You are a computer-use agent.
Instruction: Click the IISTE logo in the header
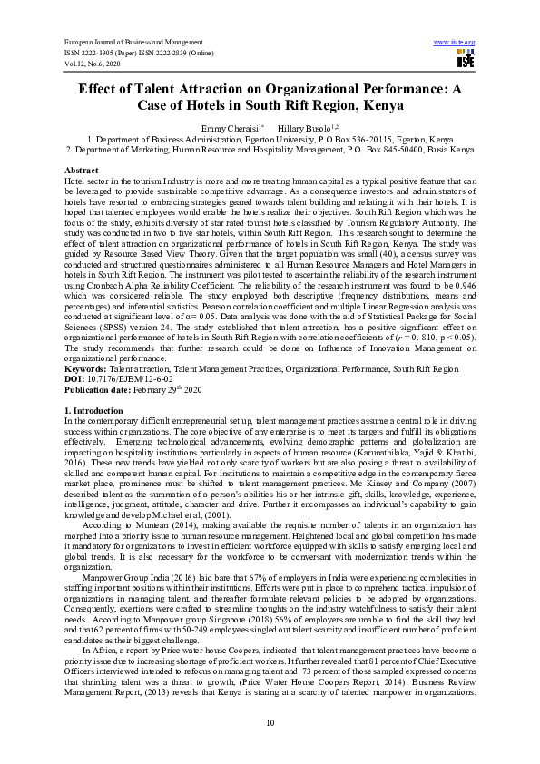(x=466, y=59)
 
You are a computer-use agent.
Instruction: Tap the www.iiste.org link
(x=456, y=42)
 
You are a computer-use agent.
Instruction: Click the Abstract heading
(x=81, y=171)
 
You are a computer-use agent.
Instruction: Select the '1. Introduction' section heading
(x=93, y=412)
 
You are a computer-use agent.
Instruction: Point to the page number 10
(x=270, y=721)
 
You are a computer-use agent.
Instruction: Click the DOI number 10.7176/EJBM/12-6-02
(x=123, y=380)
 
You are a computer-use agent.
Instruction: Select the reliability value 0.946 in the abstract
(x=464, y=285)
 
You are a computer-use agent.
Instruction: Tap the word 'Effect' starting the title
(x=101, y=89)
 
